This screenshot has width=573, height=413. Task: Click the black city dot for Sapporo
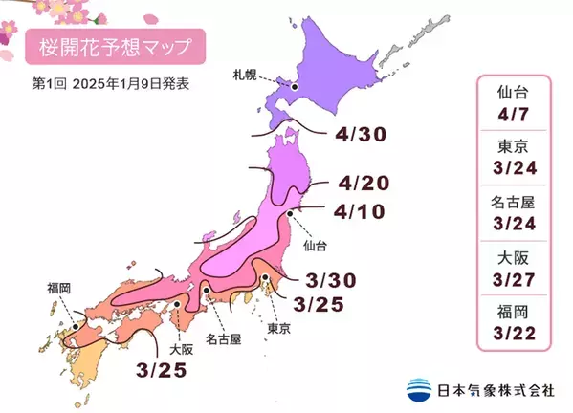coord(295,87)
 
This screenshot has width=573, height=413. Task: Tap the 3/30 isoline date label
coord(334,280)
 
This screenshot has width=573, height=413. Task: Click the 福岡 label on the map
coord(58,286)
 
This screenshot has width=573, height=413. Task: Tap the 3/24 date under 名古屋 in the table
coord(515,227)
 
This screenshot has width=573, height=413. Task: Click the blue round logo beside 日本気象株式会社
coord(418,389)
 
